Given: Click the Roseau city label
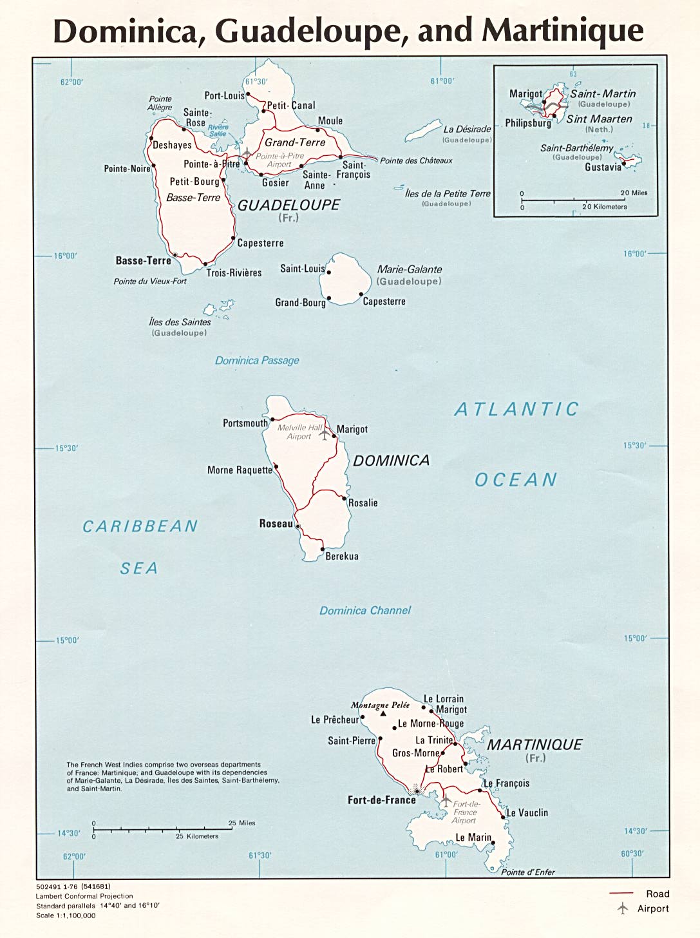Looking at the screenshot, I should pos(276,524).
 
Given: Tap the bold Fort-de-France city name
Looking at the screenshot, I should pos(381,800).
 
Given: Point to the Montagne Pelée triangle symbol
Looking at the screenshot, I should pos(383,714).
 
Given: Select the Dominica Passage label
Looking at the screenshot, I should pos(257,361).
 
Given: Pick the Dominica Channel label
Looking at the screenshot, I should pos(365,611).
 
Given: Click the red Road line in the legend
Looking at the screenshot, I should pos(621,894).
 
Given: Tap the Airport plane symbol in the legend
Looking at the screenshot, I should pos(622,908).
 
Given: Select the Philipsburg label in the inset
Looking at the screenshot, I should pos(527,123).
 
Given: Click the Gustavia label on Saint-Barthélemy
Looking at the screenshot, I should pos(603,167).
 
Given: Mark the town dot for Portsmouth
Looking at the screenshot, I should pos(272,419).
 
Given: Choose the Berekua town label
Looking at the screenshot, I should pos(342,556).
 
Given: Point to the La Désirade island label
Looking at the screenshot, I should pos(467,129).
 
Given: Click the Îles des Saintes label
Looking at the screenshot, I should pos(180,322).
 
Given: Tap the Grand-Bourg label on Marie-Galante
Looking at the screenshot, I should pos(300,303).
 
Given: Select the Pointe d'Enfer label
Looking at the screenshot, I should pos(528,872).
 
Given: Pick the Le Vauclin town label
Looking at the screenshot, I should pos(527,813).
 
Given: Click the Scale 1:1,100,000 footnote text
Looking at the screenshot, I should pos(66,915).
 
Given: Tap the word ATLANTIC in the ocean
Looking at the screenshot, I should pos(516,409).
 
